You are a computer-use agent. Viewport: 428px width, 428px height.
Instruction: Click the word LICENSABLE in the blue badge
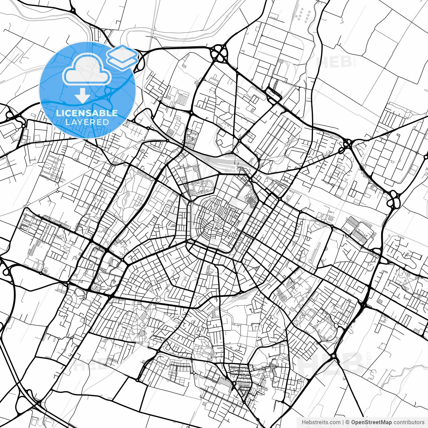(87, 113)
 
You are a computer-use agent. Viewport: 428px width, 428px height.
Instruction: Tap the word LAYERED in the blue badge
(87, 122)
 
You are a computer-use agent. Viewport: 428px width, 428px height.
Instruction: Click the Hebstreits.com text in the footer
(321, 422)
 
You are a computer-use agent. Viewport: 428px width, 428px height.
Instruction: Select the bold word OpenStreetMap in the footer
(371, 422)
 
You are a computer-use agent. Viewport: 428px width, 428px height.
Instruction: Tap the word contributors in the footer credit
(409, 422)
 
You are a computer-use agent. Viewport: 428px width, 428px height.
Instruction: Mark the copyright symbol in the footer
(347, 422)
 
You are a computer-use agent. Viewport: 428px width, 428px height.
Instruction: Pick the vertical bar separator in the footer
(343, 422)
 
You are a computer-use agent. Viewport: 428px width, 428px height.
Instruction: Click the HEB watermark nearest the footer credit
(331, 363)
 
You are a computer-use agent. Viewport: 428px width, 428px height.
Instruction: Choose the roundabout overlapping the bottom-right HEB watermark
(333, 357)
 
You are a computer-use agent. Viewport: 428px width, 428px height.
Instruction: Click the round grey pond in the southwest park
(142, 333)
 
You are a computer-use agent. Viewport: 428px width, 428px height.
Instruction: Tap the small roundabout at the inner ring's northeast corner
(250, 181)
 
